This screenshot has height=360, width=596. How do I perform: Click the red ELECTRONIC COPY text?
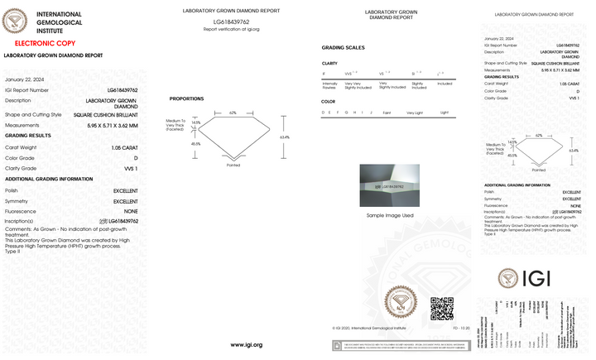(34, 41)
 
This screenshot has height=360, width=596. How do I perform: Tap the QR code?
(442, 308)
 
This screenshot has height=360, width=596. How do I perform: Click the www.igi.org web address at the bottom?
(246, 344)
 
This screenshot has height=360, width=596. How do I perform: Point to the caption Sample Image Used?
(390, 215)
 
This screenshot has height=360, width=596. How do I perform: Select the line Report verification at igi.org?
(232, 29)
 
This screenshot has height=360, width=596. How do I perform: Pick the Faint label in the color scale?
(387, 112)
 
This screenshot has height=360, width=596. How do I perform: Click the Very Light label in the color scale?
(413, 112)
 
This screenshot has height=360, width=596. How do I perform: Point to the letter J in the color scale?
(372, 112)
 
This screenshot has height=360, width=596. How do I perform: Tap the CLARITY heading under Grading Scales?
(329, 63)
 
